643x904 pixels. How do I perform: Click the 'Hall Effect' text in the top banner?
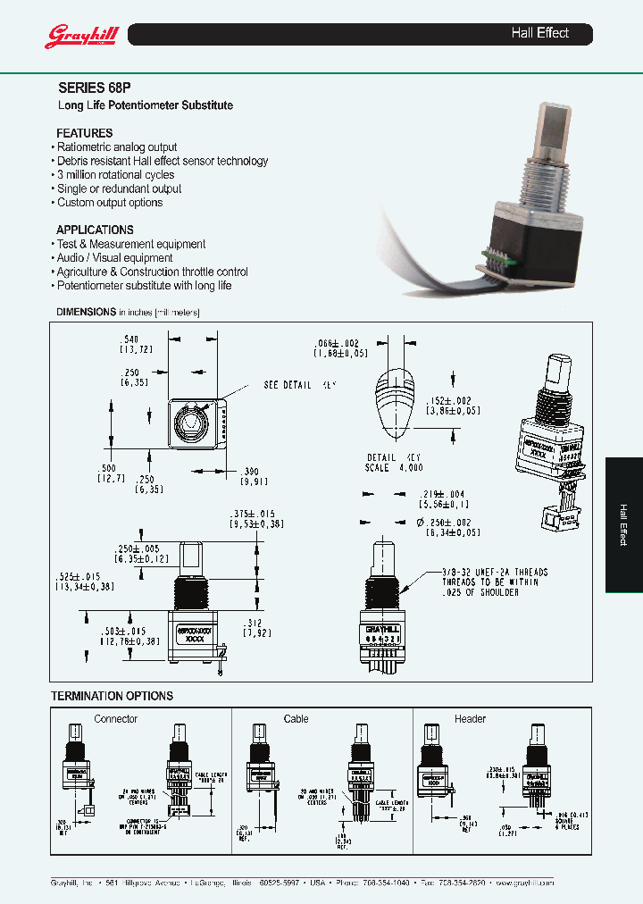539,33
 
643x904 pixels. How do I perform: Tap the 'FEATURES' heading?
85,133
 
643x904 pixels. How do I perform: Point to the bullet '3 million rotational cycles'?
115,175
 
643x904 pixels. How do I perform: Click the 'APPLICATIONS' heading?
95,230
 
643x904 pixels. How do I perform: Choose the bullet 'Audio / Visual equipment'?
114,258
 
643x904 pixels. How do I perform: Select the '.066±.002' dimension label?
336,344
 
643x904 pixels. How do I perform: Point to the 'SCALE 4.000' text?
393,468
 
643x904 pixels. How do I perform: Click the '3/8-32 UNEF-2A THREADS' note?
481,572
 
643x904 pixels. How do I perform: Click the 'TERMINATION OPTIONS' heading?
112,696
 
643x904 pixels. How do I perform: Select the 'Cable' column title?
296,718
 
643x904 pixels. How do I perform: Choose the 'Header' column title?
470,718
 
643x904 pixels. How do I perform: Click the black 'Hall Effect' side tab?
623,524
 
